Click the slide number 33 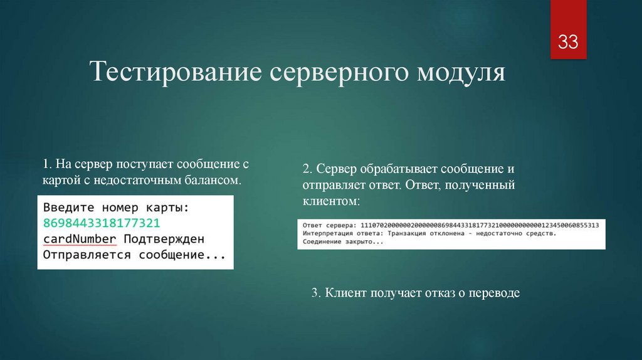pos(568,43)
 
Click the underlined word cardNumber pos(80,239)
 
